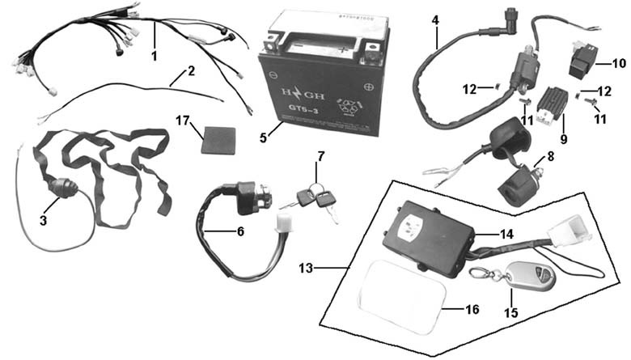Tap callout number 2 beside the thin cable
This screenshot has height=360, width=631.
(191, 70)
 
